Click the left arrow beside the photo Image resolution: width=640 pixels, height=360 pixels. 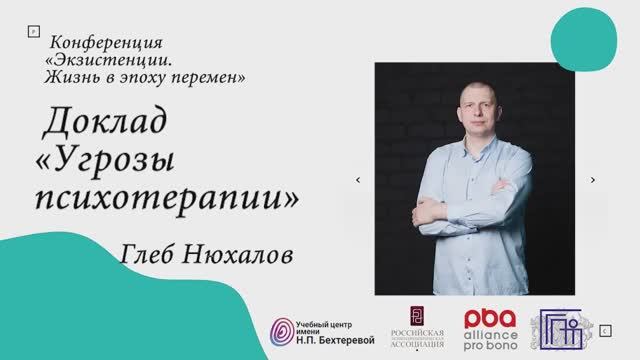coord(358,180)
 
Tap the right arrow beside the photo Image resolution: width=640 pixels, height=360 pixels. coord(593,180)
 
